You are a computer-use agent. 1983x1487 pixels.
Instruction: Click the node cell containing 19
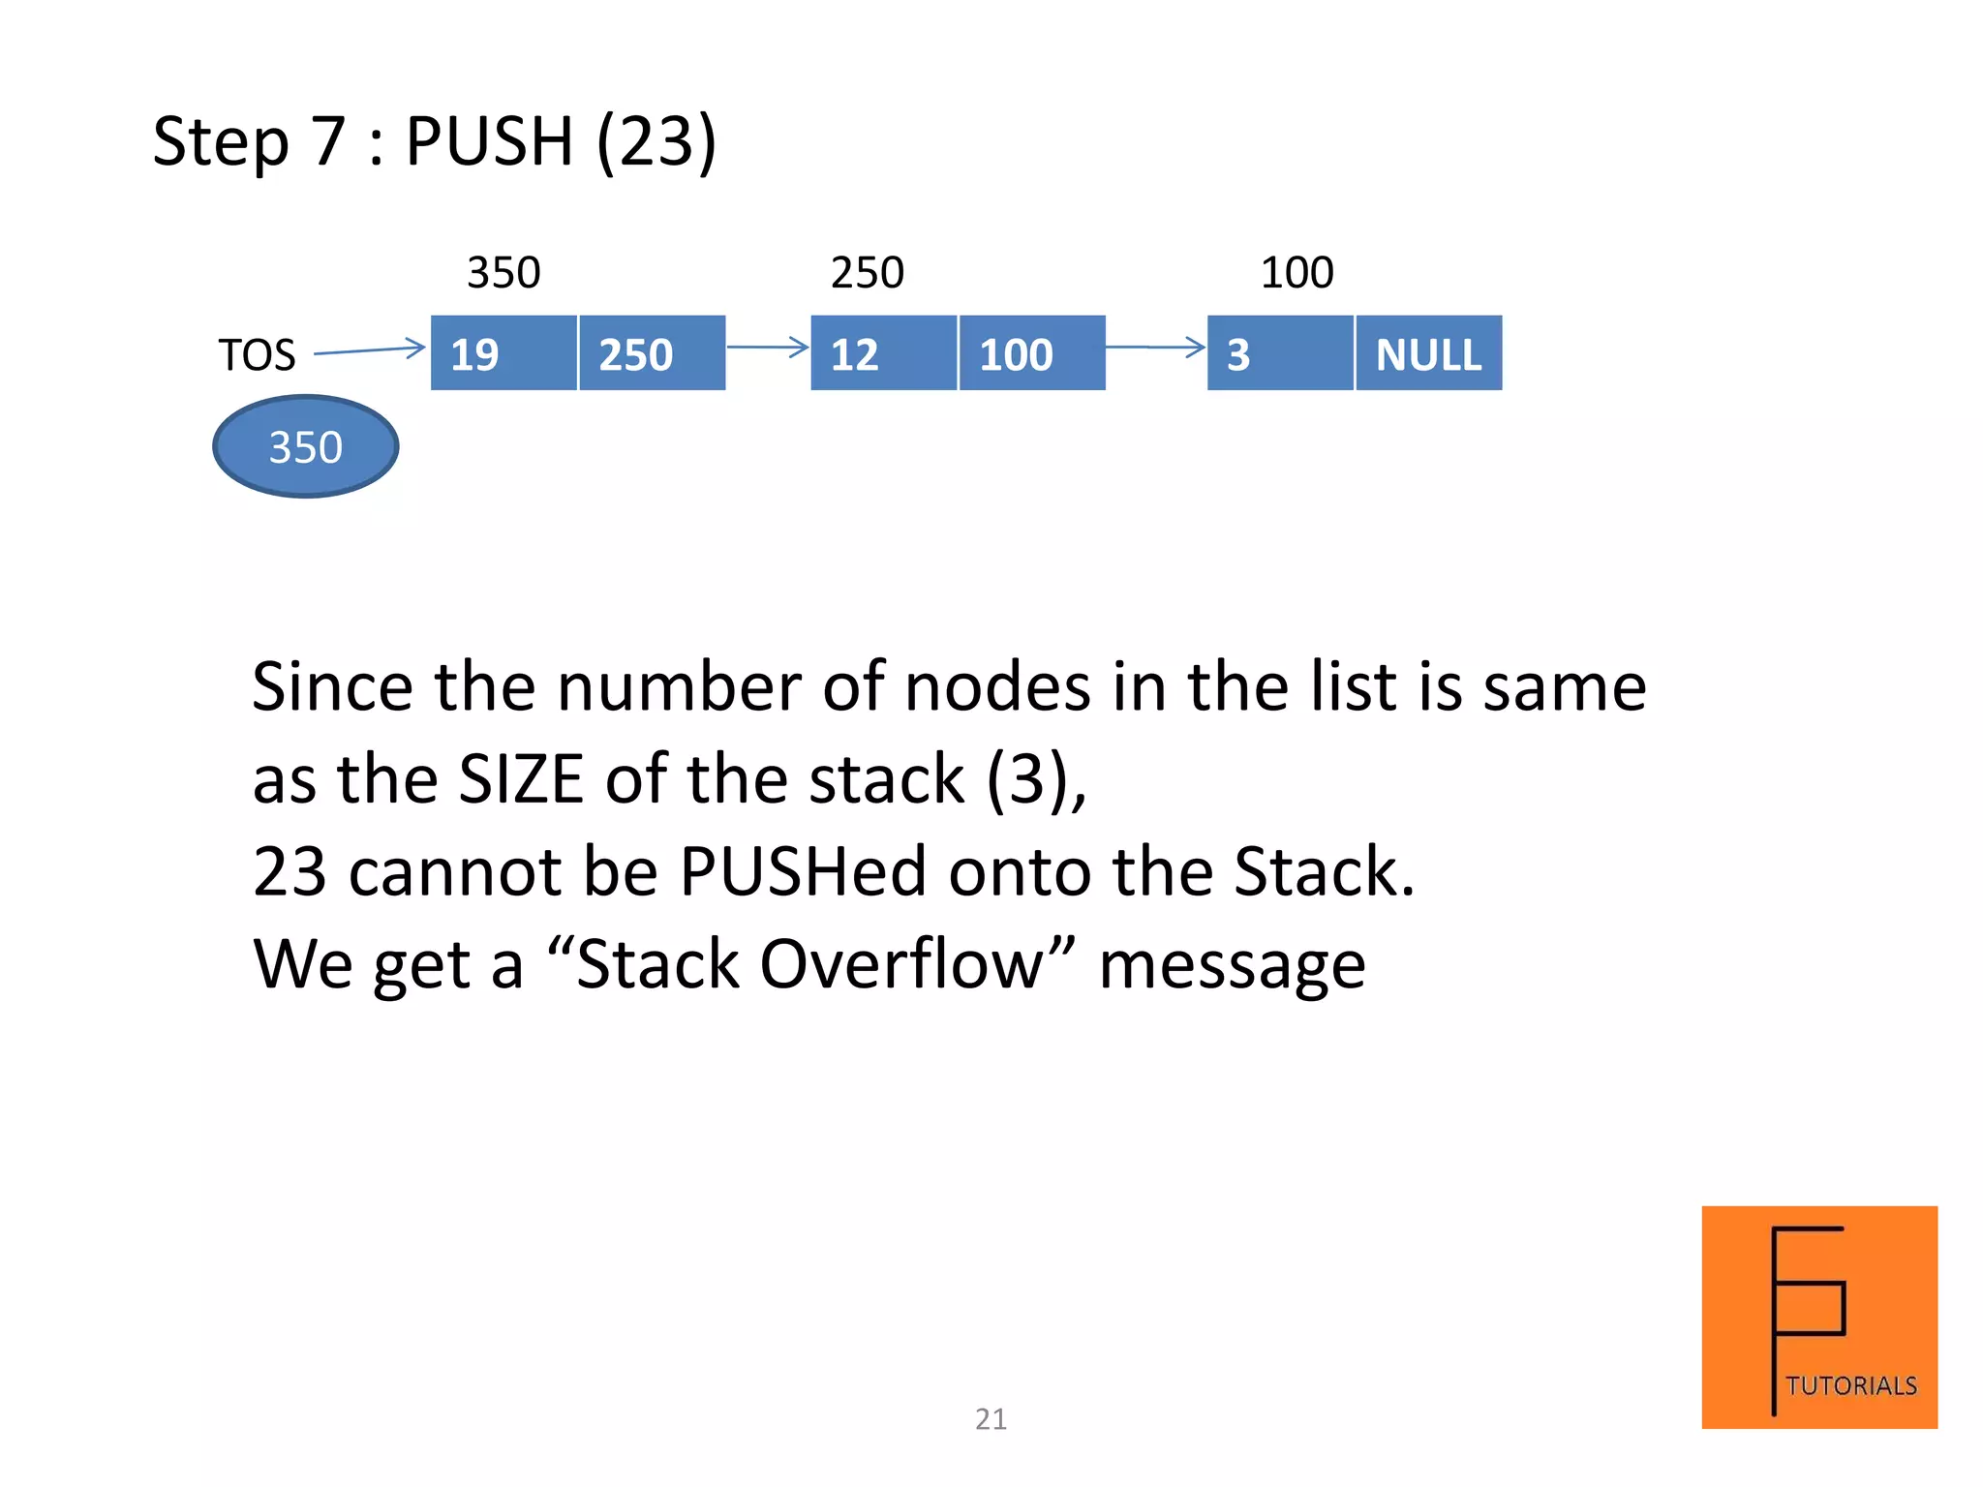503,353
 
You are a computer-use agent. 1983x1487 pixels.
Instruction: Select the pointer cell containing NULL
1429,353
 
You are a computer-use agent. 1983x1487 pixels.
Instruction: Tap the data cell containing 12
883,353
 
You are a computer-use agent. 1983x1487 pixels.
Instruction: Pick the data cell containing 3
1280,353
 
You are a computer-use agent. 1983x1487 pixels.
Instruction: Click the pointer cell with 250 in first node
652,353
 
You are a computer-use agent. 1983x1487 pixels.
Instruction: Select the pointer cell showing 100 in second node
1032,353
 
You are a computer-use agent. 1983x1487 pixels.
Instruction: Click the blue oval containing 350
306,447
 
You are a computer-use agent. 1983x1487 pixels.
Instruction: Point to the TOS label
257,355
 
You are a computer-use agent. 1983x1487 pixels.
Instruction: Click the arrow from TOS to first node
370,350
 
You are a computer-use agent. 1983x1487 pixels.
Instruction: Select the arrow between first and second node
767,347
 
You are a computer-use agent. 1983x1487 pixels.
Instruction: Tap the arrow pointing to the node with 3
1155,347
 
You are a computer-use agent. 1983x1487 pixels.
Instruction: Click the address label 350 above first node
503,273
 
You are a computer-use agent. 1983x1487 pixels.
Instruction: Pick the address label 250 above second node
868,273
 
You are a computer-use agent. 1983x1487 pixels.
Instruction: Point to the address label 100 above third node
1297,273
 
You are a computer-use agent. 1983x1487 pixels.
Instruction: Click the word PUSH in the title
489,141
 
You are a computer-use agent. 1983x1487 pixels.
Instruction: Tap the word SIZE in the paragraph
521,779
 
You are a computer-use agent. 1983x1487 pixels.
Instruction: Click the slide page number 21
991,1419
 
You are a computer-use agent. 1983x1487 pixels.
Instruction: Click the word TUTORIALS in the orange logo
1851,1386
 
